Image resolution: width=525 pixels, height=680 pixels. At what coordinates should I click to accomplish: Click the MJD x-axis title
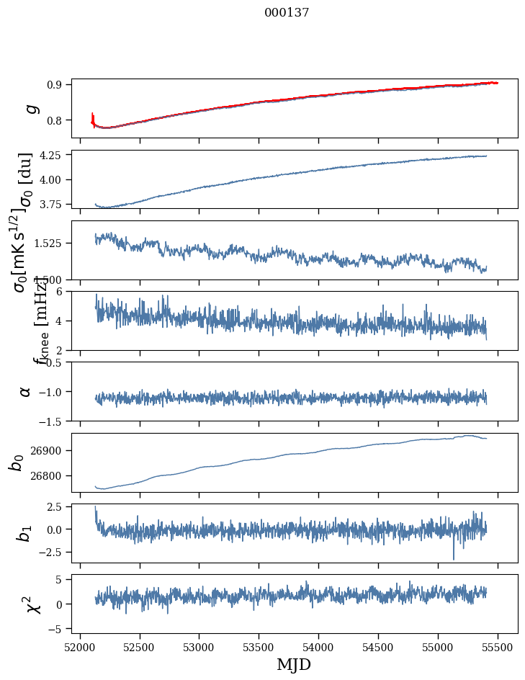point(294,664)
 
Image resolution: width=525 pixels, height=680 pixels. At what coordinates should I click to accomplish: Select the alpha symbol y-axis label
point(25,391)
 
